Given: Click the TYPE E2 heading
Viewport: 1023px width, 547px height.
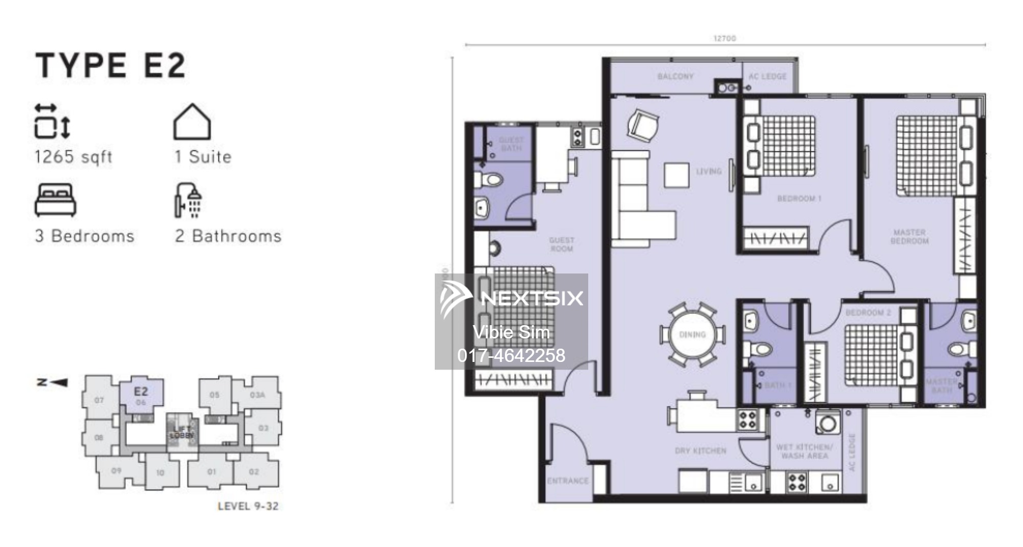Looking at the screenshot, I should click(x=110, y=66).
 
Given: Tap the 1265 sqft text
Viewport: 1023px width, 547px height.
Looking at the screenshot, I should click(x=73, y=157).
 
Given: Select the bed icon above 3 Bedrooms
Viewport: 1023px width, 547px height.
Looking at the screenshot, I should click(x=55, y=200).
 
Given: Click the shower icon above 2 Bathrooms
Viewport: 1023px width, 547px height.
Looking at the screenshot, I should click(x=188, y=200).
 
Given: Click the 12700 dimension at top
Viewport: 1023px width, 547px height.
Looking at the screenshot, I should click(x=724, y=38).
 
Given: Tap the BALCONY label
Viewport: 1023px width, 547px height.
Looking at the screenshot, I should click(x=675, y=77).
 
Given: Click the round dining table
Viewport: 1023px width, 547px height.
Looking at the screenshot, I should click(x=692, y=335).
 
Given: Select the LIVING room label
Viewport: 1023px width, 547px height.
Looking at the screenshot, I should click(x=708, y=172).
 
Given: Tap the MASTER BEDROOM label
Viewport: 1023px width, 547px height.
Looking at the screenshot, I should click(x=909, y=236).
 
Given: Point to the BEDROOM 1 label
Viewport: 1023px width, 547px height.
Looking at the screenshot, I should click(x=799, y=198).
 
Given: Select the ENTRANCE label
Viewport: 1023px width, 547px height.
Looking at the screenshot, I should click(x=567, y=481).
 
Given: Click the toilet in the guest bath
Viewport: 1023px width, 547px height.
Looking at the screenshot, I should click(x=490, y=179).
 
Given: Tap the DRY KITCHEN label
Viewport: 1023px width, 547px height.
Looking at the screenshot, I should click(x=700, y=451).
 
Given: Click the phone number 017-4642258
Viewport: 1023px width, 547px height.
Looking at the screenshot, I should click(x=511, y=355).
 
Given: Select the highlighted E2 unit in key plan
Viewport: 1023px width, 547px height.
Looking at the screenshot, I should click(x=142, y=394).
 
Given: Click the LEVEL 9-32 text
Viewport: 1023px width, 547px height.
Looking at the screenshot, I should click(x=248, y=506).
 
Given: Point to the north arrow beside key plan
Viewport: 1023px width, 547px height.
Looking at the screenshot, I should click(x=53, y=382).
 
